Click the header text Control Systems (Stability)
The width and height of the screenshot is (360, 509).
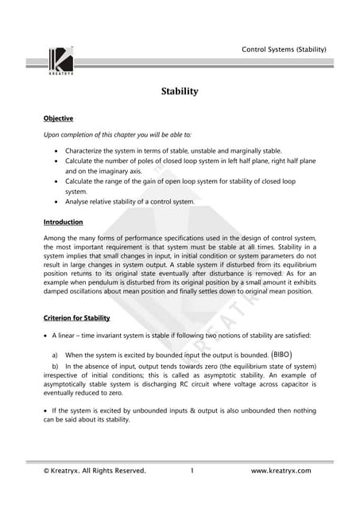[x=284, y=50]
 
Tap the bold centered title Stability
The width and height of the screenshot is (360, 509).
[x=180, y=91]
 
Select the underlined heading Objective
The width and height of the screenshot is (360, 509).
[x=58, y=119]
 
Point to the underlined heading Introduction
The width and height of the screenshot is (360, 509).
[x=63, y=222]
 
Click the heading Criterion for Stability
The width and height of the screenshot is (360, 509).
[x=76, y=318]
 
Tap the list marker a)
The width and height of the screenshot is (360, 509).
[x=55, y=355]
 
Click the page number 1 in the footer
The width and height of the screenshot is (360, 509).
[x=192, y=471]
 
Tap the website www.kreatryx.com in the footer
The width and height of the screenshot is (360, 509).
[x=281, y=471]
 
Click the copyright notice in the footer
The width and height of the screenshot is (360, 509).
[x=95, y=471]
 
